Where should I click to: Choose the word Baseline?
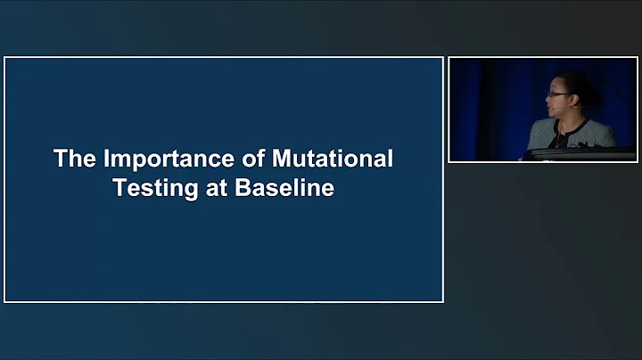284,190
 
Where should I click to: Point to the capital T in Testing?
120,190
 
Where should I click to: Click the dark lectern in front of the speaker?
580,155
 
